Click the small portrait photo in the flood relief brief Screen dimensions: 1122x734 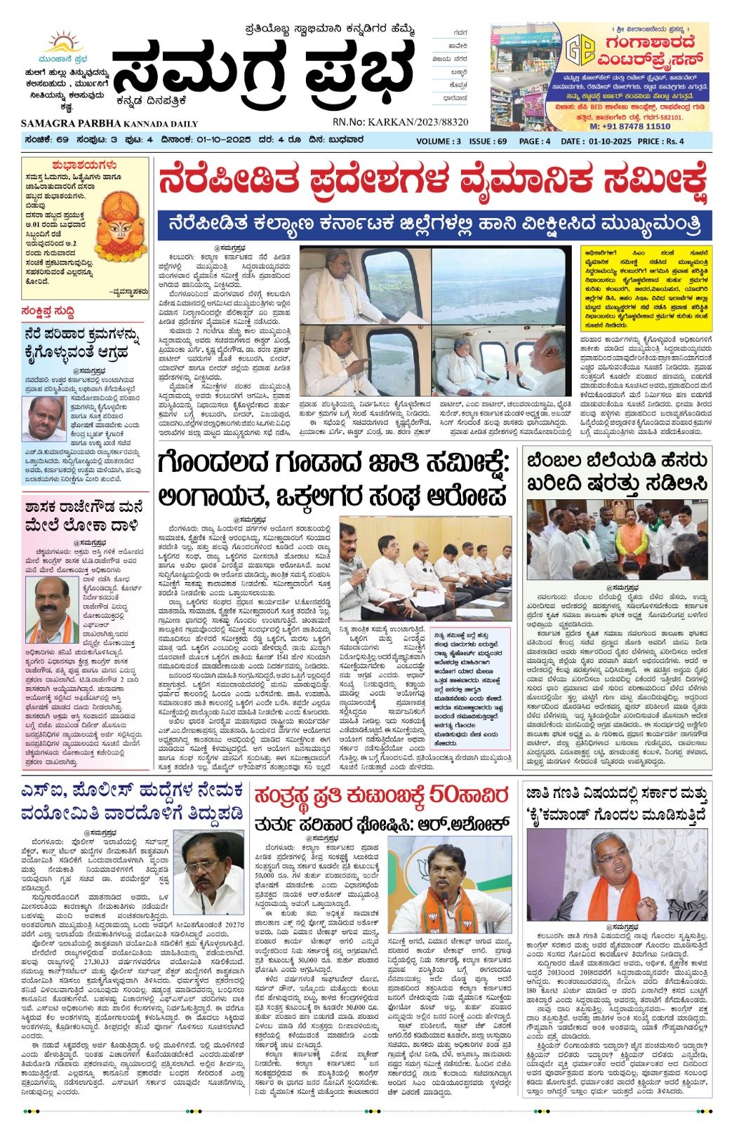(42, 419)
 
